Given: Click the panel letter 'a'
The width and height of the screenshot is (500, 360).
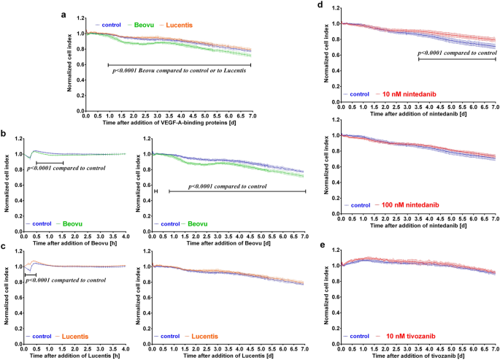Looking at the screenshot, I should point(65,15).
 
